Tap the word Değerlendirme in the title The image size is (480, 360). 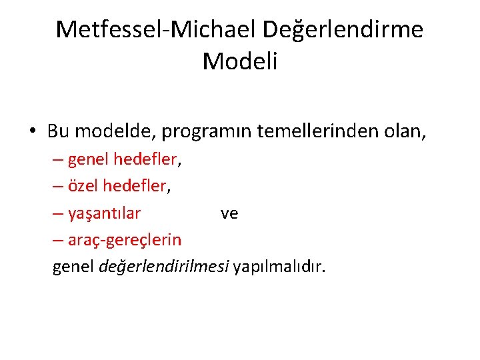[343, 29]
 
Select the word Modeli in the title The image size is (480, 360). [239, 61]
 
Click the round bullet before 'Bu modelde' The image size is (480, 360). [33, 131]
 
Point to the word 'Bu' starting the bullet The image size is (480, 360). [57, 131]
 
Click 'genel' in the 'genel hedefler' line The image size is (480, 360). [89, 159]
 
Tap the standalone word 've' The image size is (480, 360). [229, 213]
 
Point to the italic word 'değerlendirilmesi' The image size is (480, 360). [164, 267]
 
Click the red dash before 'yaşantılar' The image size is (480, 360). [59, 213]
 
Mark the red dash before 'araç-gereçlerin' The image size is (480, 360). [59, 240]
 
